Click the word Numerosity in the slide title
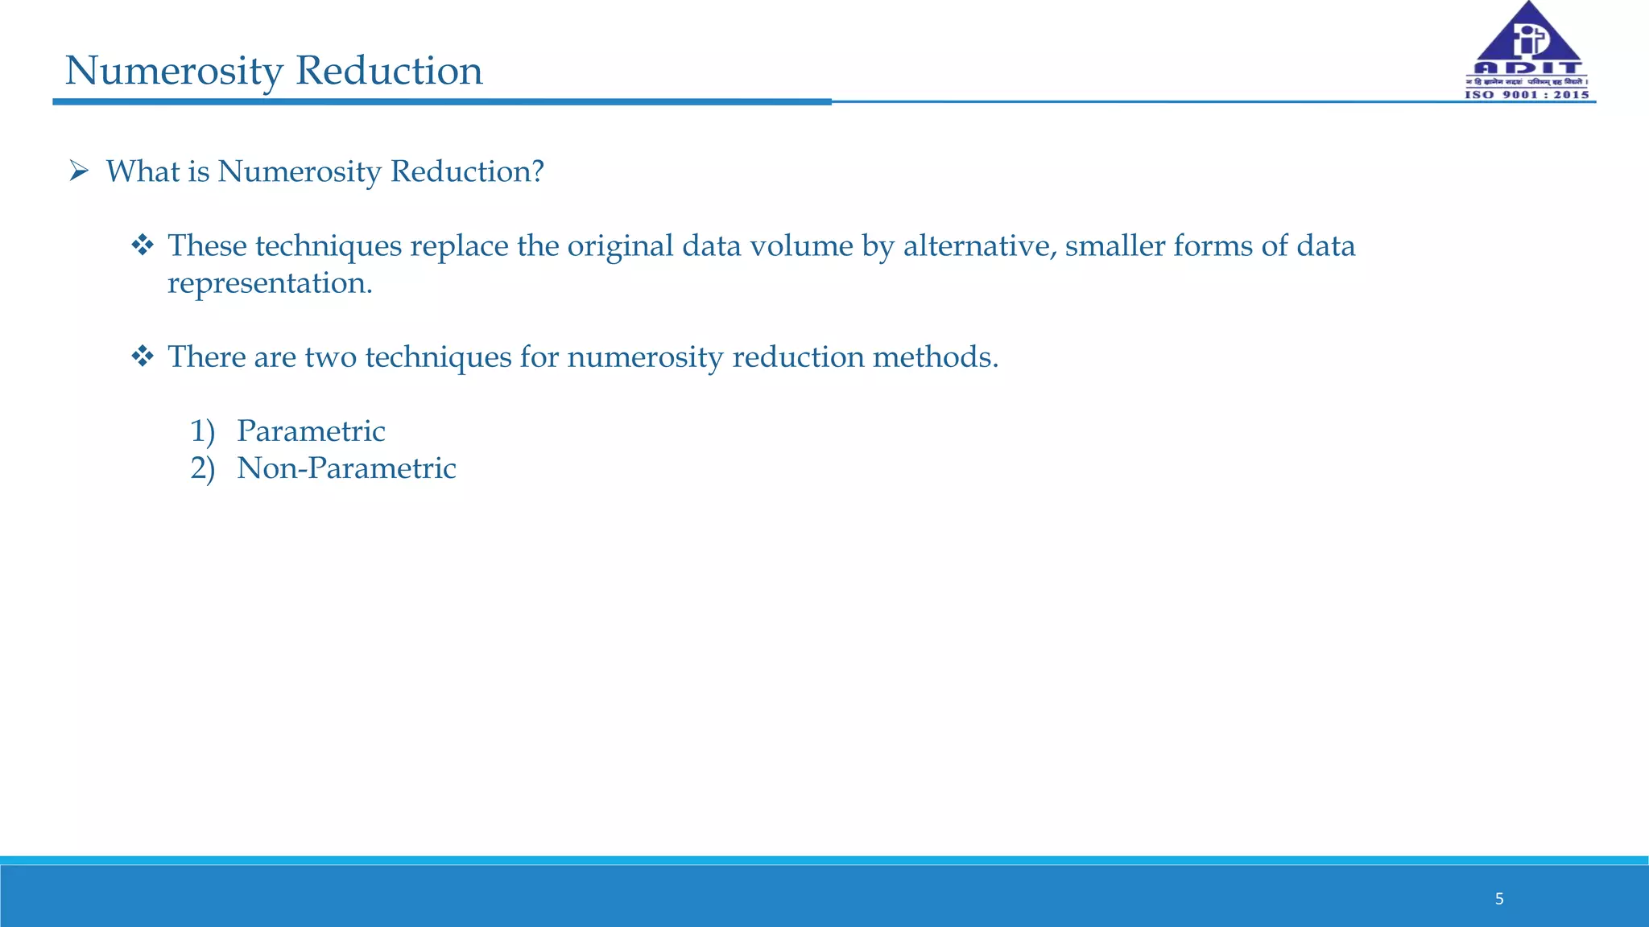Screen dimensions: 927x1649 click(x=173, y=71)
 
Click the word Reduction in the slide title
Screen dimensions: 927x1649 click(x=389, y=71)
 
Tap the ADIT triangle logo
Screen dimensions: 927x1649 click(x=1527, y=40)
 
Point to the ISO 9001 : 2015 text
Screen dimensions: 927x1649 click(x=1527, y=95)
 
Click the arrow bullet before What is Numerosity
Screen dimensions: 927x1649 click(x=78, y=171)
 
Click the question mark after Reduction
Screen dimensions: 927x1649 click(x=537, y=171)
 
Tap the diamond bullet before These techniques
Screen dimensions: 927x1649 click(x=143, y=245)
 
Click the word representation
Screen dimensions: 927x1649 click(x=269, y=283)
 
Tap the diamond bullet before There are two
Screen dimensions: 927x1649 click(x=143, y=356)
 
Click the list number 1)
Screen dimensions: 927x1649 click(x=202, y=431)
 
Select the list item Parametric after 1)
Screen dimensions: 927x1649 click(x=311, y=431)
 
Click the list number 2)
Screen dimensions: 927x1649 click(x=202, y=468)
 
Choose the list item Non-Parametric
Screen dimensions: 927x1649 click(x=346, y=468)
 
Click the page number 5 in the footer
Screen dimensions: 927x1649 click(x=1499, y=899)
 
